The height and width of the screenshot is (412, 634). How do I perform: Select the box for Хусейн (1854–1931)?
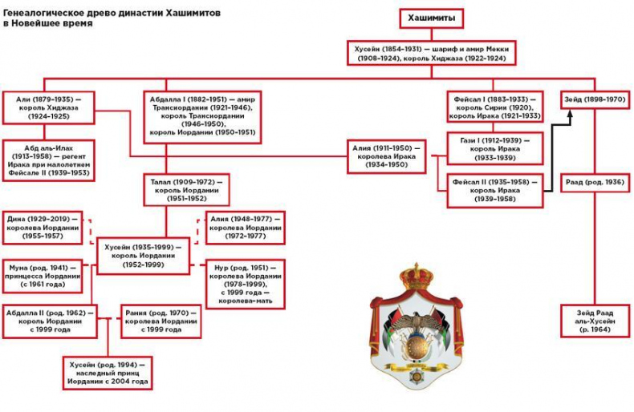(x=431, y=53)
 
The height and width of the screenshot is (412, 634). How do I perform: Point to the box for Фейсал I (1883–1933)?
(x=497, y=106)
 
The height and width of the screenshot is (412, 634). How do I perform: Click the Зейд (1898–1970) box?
(x=594, y=99)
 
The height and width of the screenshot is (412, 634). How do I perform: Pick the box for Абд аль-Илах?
(x=49, y=160)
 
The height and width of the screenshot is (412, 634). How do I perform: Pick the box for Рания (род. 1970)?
(x=161, y=321)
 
